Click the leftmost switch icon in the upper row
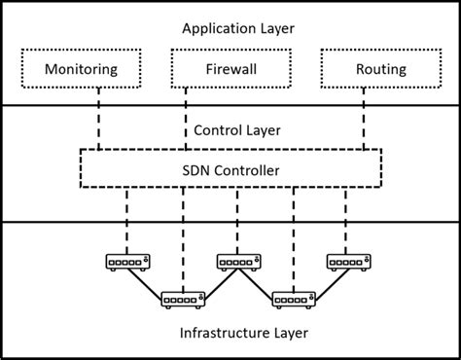(x=125, y=264)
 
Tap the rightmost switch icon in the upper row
(x=345, y=264)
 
